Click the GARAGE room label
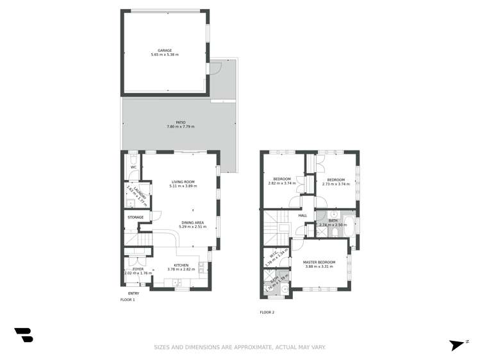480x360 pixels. pos(165,50)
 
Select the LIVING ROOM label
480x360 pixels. pos(183,181)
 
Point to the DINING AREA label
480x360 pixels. pos(192,222)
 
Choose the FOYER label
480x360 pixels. pos(138,269)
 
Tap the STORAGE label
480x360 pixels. pos(135,217)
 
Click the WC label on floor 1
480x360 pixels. pos(133,168)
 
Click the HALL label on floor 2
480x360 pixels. pos(303,215)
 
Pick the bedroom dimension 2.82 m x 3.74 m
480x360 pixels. pos(282,184)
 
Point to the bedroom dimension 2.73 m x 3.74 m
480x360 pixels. pos(335,184)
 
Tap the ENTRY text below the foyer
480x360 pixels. pos(133,293)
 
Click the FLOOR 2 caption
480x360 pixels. pos(267,312)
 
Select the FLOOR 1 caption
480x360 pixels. pos(128,299)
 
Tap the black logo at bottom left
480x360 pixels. pos(24,334)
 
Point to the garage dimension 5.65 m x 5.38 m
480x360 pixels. pos(165,54)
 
